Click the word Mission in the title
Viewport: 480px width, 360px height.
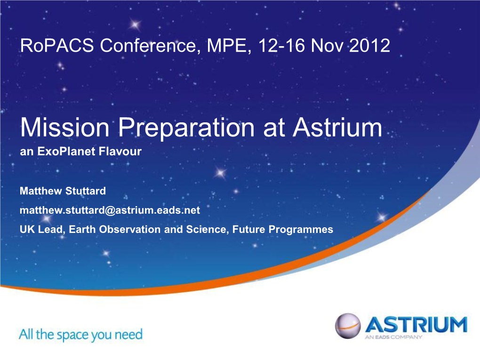click(64, 127)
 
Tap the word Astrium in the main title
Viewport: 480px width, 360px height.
click(338, 127)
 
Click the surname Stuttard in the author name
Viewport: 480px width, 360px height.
click(85, 191)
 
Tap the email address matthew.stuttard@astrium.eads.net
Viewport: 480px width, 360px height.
click(110, 210)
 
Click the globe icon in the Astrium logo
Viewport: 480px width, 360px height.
click(348, 326)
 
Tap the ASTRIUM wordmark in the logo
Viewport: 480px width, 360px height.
click(416, 325)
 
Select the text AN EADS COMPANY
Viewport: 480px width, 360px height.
click(393, 337)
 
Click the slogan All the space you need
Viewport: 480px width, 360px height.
click(80, 335)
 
